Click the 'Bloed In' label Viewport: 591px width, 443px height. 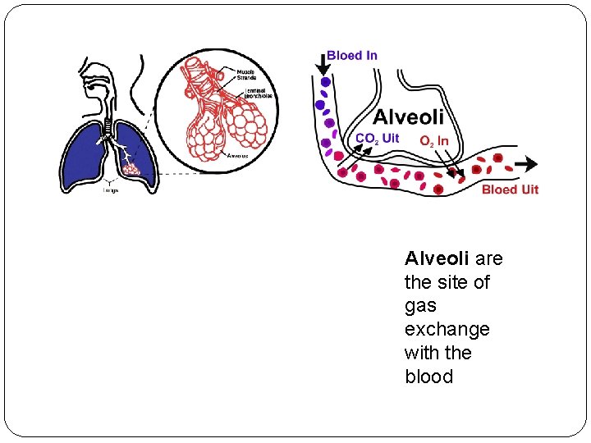coord(352,56)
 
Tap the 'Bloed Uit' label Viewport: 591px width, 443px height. coord(510,190)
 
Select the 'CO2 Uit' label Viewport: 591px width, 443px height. coord(377,139)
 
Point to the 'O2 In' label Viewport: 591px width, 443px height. coord(433,141)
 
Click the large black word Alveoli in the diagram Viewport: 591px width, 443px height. coord(408,117)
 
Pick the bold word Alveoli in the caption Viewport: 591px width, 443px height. coord(437,259)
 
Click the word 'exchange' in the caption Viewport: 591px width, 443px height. coord(447,330)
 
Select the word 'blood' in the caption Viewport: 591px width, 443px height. coord(428,377)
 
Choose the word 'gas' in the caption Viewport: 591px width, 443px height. coord(420,306)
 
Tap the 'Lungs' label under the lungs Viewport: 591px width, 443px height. coord(110,190)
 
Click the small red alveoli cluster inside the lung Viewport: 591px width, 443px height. coord(131,169)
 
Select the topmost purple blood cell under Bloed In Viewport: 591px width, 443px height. coord(326,83)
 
